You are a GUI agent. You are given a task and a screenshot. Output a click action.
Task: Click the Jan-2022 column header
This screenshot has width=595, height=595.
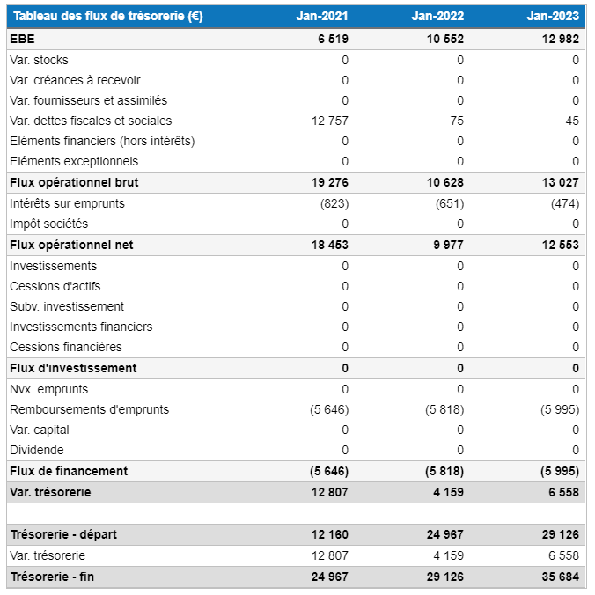[x=437, y=16]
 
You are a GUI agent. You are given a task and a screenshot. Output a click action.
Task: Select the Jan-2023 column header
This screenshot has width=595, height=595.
[x=553, y=16]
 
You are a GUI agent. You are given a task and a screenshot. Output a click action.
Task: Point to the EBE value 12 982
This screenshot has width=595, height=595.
[x=560, y=40]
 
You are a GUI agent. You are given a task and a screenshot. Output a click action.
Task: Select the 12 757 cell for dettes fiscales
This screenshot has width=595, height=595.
[x=330, y=121]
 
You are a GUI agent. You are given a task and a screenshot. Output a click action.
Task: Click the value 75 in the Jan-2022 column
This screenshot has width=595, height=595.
[x=456, y=121]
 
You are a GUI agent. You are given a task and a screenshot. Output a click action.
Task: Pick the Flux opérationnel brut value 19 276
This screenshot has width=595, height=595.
[x=329, y=182]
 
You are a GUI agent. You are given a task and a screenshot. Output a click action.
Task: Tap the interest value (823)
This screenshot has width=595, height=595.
[x=331, y=203]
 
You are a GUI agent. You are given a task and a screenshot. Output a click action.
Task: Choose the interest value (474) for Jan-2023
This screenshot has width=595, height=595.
[x=562, y=203]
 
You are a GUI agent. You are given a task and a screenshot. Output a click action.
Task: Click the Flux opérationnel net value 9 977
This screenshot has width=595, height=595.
[x=448, y=245]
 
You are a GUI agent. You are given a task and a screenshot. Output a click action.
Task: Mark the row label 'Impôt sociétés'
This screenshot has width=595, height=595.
[x=48, y=224]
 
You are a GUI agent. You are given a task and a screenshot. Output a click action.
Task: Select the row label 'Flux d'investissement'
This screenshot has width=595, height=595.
[x=73, y=368]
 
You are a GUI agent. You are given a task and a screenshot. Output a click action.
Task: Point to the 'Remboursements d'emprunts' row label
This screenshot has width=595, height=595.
[x=89, y=409]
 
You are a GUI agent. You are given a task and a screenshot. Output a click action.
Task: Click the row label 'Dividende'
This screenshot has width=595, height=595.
[x=36, y=450]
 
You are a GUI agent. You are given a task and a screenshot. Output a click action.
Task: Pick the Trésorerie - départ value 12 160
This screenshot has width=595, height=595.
[x=329, y=534]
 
